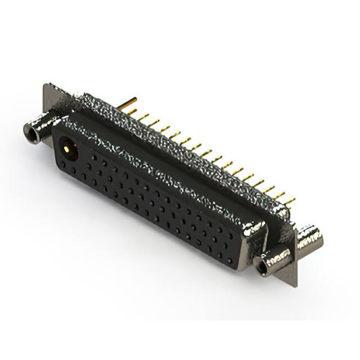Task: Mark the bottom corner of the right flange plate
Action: point(294,285)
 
